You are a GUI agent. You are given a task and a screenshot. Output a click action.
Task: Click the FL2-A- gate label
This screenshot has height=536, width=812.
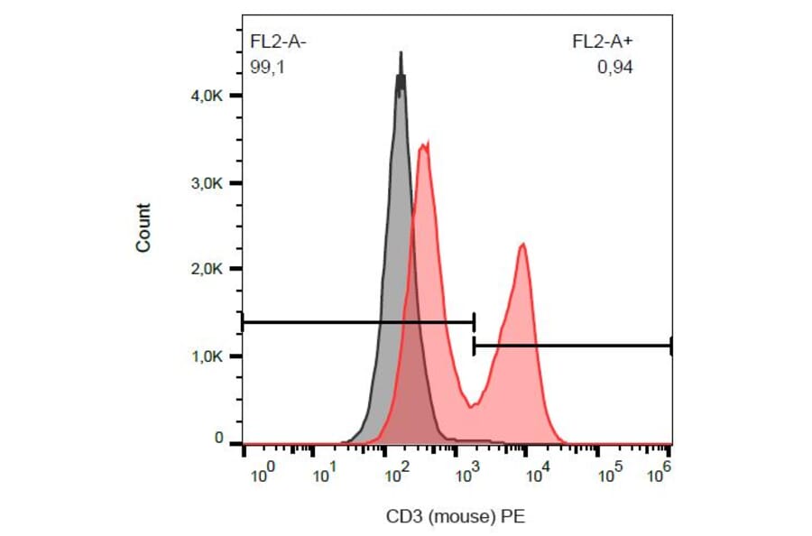[280, 42]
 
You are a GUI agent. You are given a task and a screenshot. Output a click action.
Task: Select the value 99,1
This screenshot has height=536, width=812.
[267, 65]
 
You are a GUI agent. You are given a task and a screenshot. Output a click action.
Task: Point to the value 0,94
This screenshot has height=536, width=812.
[615, 65]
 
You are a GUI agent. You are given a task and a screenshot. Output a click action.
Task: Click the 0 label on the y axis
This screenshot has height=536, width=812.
[218, 438]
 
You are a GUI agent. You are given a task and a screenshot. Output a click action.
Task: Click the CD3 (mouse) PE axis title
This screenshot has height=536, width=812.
[456, 517]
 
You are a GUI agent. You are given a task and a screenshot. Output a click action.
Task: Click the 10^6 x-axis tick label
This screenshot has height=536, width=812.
[665, 470]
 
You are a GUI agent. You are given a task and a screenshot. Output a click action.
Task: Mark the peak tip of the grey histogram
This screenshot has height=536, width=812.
[401, 53]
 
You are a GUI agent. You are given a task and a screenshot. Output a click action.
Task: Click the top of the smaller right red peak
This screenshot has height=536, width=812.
[522, 244]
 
